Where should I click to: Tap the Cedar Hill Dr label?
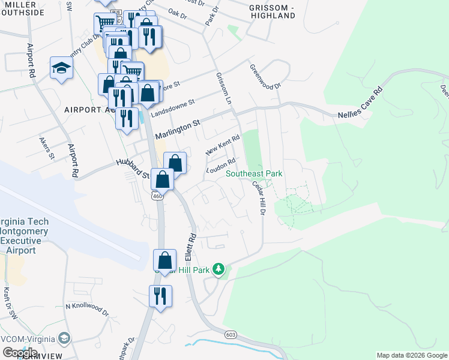[259, 199]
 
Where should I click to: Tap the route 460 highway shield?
[157, 196]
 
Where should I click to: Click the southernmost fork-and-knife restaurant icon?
[160, 296]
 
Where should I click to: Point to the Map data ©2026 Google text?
[411, 355]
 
